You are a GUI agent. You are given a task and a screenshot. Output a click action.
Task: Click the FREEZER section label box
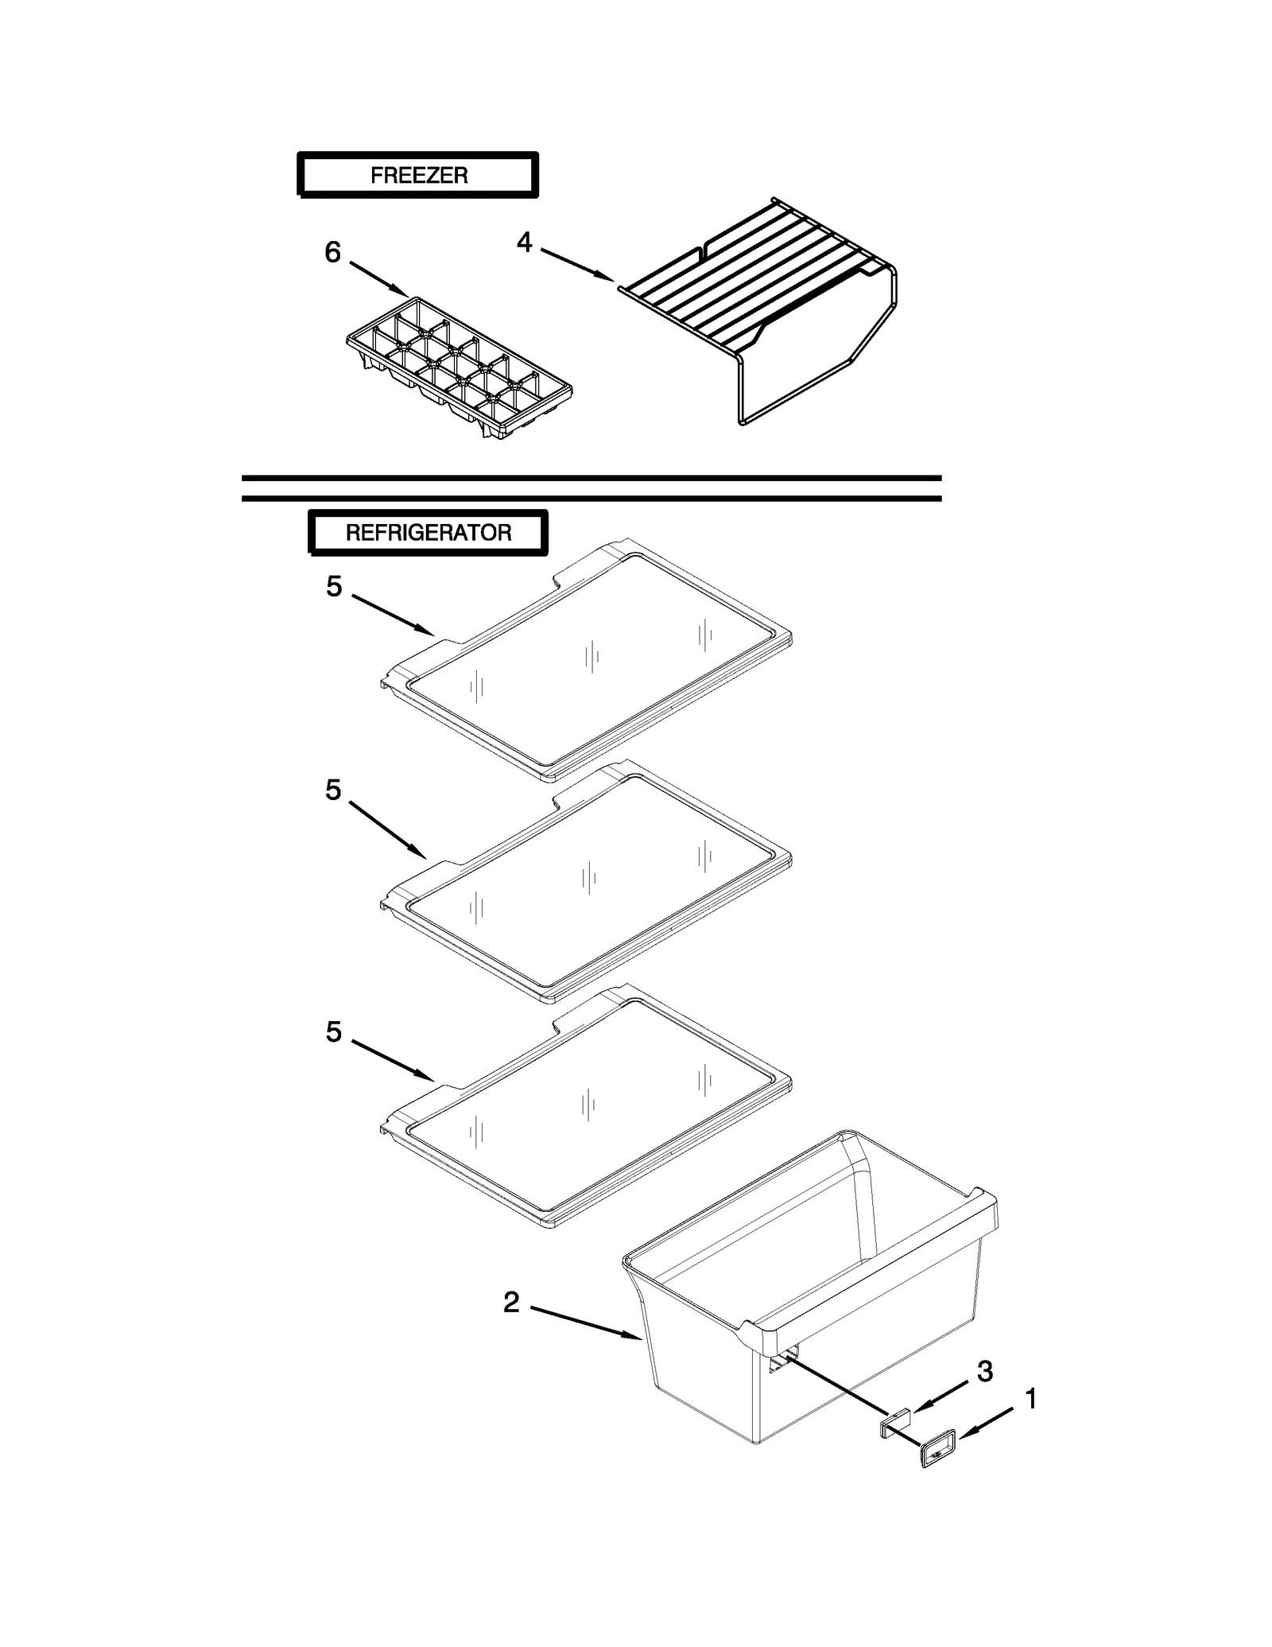pos(418,174)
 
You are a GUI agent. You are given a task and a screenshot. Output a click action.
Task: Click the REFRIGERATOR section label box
pos(428,532)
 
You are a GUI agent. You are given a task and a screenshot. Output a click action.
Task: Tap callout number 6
pos(332,253)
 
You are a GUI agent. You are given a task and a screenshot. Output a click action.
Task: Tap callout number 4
pos(524,242)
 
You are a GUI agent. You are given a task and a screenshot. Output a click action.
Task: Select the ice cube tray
pos(459,367)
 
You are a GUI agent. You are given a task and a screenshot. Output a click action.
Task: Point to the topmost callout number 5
pos(334,587)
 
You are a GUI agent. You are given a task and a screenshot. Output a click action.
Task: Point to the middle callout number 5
pos(333,790)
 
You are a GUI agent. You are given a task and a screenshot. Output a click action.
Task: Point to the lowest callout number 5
pos(333,1032)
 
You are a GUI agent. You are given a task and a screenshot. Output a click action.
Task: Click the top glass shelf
pos(588,660)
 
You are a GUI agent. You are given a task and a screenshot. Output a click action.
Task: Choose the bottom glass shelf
pos(588,1105)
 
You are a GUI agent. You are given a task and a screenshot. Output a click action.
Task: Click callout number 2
pos(511,1302)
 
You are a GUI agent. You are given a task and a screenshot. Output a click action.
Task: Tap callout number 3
pos(984,1371)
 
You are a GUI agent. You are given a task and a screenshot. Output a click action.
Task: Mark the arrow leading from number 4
pos(576,264)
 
